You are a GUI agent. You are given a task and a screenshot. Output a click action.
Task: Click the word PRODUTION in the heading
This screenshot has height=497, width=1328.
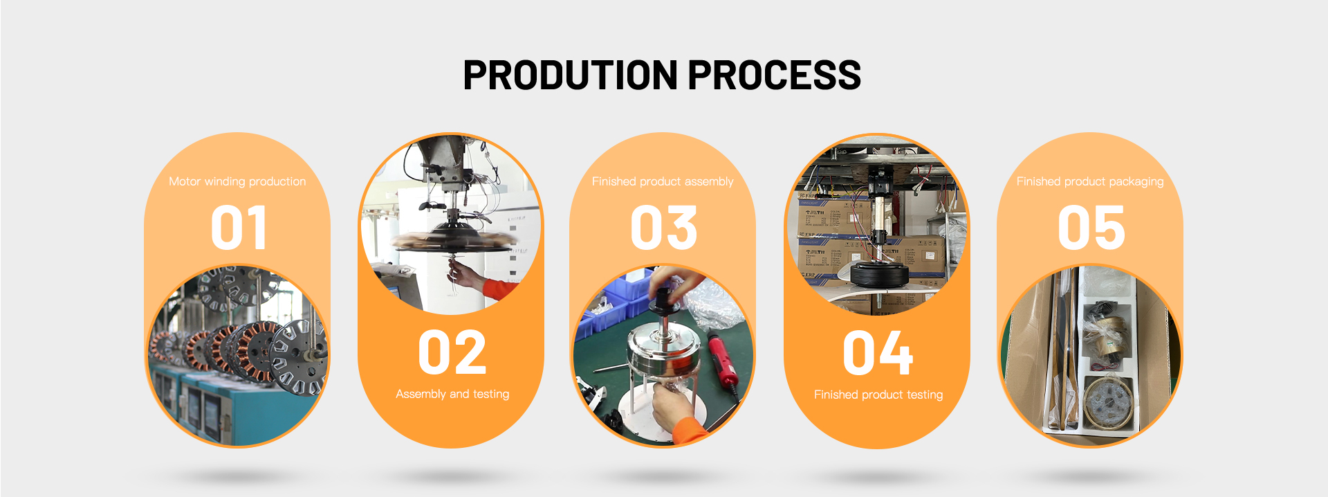pyautogui.click(x=571, y=75)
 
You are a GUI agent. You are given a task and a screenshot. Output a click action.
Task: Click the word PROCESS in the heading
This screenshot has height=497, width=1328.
pyautogui.click(x=775, y=75)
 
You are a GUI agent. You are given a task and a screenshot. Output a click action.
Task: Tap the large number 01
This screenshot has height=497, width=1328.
pyautogui.click(x=239, y=228)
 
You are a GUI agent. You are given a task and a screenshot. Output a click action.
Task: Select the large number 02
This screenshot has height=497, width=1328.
pyautogui.click(x=452, y=352)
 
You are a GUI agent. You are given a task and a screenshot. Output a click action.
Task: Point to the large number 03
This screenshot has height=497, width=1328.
pyautogui.click(x=664, y=228)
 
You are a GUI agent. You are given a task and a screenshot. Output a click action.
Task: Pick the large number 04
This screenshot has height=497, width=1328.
pyautogui.click(x=878, y=352)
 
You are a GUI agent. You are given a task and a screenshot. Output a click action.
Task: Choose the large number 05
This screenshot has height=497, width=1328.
pyautogui.click(x=1091, y=228)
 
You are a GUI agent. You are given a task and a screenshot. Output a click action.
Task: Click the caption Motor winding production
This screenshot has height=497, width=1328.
pyautogui.click(x=237, y=181)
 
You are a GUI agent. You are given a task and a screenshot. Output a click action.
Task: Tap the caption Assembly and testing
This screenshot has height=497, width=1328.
pyautogui.click(x=452, y=394)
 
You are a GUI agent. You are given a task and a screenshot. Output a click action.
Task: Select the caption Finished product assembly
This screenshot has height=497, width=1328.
pyautogui.click(x=663, y=181)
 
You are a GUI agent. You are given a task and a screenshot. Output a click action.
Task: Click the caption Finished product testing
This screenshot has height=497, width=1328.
pyautogui.click(x=878, y=395)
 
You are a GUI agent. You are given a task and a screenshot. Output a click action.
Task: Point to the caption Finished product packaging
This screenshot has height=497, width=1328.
pyautogui.click(x=1090, y=181)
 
